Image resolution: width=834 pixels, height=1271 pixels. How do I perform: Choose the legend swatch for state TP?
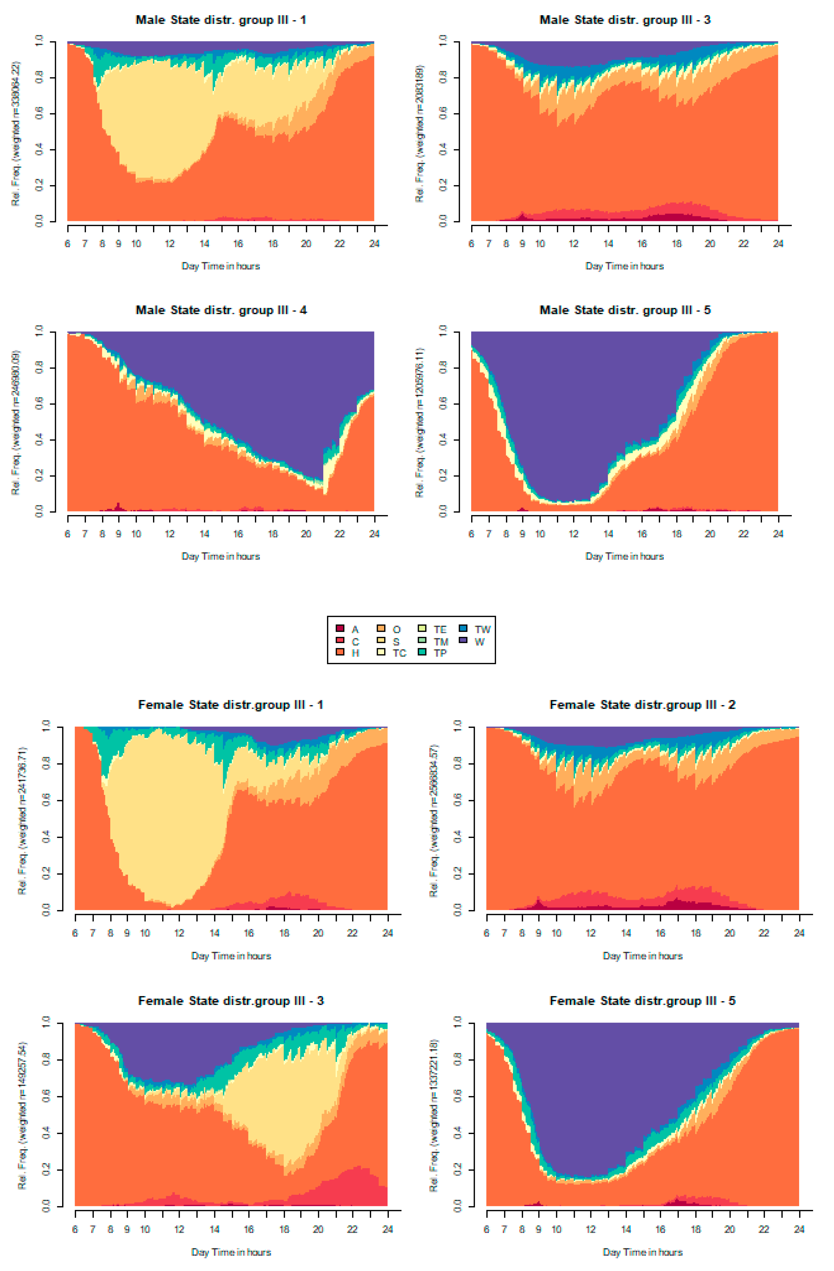(422, 652)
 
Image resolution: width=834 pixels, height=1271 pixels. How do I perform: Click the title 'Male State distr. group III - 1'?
(221, 20)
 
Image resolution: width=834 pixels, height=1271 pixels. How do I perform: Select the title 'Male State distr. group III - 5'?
(624, 310)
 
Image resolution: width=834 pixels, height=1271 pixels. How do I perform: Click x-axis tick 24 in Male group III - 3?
(778, 244)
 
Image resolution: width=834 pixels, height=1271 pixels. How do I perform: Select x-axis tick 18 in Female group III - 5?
(695, 1229)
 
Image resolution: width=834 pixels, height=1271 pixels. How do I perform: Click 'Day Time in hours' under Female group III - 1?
(231, 956)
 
